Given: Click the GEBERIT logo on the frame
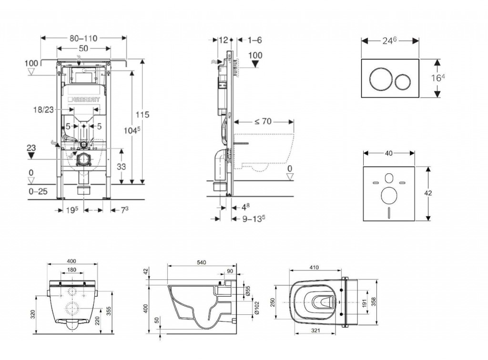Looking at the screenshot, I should click(x=87, y=100).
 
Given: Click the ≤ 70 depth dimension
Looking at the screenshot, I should click(x=263, y=121).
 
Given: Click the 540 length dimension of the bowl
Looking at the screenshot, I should click(x=203, y=262).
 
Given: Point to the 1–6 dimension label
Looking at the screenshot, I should click(x=255, y=40).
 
